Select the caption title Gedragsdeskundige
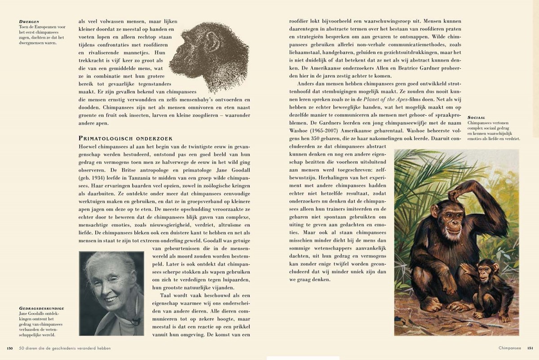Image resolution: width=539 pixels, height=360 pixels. [41, 308]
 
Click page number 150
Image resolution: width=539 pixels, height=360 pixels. [9, 347]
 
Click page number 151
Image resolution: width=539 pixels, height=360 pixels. [530, 347]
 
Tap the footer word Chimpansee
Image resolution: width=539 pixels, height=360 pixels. [509, 347]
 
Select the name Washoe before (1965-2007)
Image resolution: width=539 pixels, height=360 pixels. [300, 130]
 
